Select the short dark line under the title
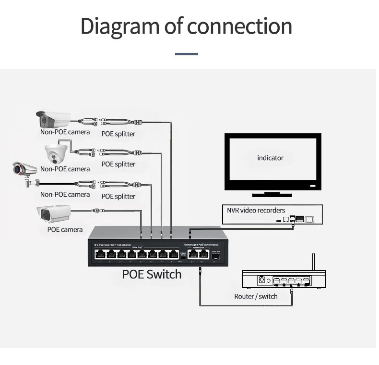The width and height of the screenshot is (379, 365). pos(187,54)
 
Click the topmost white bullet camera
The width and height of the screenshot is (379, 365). pos(53,118)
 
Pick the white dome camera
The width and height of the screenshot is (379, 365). pos(57,153)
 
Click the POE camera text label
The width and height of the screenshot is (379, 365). pos(65,229)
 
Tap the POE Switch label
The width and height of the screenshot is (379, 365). pos(152,275)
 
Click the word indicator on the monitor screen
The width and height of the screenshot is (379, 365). pos(270,158)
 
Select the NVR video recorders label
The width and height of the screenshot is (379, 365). pos(256,210)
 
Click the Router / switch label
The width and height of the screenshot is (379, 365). pos(256,296)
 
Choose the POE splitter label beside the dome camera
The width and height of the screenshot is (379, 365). pos(118,164)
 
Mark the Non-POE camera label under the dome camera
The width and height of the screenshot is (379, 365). pos(65,169)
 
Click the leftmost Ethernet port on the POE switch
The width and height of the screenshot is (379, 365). pos(99,255)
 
